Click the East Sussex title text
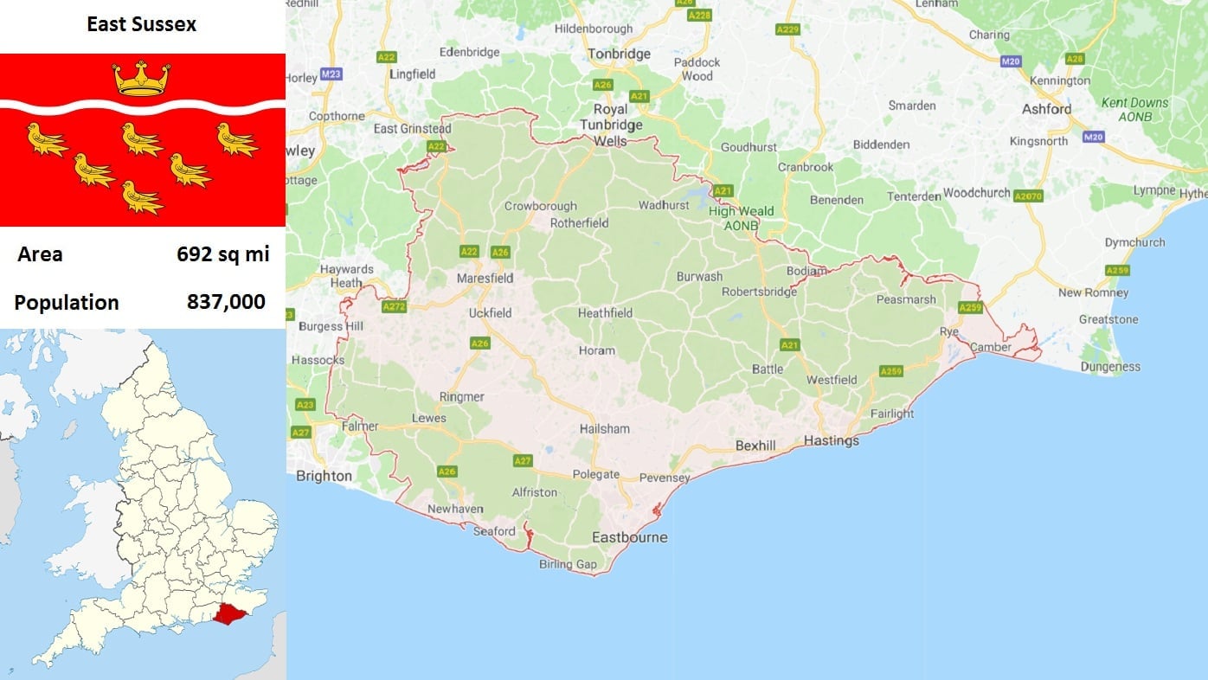pos(141,24)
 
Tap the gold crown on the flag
pos(141,79)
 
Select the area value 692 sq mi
pos(222,254)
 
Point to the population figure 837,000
pos(226,303)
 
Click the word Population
pos(67,303)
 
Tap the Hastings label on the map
pos(832,441)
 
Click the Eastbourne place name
pos(629,537)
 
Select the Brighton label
pos(324,476)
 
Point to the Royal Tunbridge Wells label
pos(611,125)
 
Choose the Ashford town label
pos(1046,109)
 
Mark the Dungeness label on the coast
pos(1110,367)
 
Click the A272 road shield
pos(394,306)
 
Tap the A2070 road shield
pos(1029,196)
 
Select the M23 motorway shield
pos(331,74)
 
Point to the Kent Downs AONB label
pos(1134,109)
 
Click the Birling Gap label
pos(568,565)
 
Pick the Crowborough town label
pos(540,207)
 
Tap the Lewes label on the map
pos(429,419)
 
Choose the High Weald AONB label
pos(742,218)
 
